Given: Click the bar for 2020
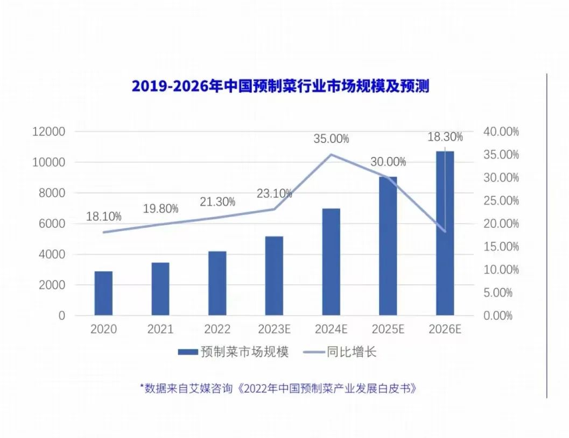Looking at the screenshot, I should pos(103,293).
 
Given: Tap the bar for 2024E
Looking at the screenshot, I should pos(331,262).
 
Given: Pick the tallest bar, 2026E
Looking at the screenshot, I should pos(445,233).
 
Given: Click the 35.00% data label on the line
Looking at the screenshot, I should pos(331,139).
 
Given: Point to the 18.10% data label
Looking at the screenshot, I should pos(103,217).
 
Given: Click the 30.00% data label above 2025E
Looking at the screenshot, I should pos(388,162).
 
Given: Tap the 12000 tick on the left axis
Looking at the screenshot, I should pos(49,132).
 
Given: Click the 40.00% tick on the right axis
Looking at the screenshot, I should pos(501,132).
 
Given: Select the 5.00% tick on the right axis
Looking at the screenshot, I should pos(501,293).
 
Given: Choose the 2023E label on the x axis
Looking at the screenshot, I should pos(274,329).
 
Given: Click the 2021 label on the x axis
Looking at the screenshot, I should pos(160,329).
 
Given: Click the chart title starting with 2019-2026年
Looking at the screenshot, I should pos(280,86).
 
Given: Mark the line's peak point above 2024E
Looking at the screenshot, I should pos(331,154).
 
